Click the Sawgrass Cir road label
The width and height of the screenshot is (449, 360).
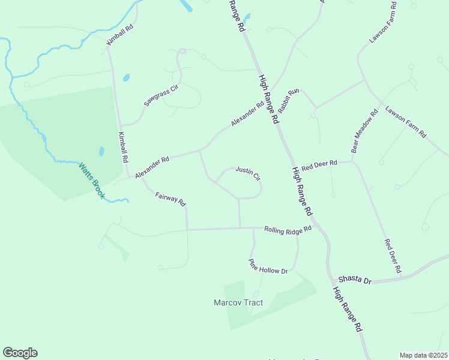click(162, 96)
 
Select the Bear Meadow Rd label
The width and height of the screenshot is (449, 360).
click(364, 131)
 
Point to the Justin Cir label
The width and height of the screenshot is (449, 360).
click(247, 173)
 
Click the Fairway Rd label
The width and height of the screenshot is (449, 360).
click(170, 199)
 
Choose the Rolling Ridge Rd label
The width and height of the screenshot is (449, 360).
click(288, 229)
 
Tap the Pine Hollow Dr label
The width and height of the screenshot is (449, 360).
click(268, 267)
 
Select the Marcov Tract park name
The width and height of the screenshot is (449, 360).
click(238, 302)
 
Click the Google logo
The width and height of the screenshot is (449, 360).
click(20, 353)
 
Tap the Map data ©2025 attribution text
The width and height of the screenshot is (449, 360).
click(423, 355)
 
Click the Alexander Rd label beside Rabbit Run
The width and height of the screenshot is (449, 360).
click(247, 114)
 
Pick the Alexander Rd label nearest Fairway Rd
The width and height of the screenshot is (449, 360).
click(152, 167)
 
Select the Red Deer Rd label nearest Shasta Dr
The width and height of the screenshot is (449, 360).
click(393, 256)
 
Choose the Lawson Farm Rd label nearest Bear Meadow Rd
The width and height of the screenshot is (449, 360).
click(405, 121)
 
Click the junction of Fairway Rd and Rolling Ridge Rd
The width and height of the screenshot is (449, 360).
click(187, 229)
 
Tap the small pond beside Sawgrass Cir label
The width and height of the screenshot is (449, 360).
click(126, 77)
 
